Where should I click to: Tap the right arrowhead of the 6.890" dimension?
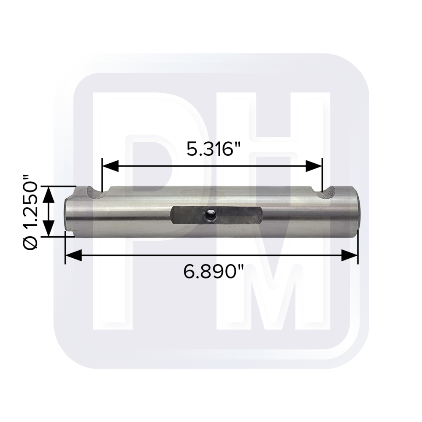[349, 256]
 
